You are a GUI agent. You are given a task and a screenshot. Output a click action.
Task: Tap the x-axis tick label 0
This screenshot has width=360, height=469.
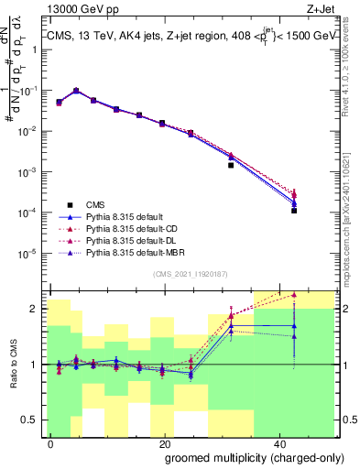(51, 443)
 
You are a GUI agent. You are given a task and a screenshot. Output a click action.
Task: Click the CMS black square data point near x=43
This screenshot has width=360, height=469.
(294, 211)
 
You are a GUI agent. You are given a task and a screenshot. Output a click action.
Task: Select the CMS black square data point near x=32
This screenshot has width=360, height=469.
(231, 166)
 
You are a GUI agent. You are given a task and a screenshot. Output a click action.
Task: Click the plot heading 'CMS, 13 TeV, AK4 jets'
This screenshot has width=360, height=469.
(110, 38)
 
